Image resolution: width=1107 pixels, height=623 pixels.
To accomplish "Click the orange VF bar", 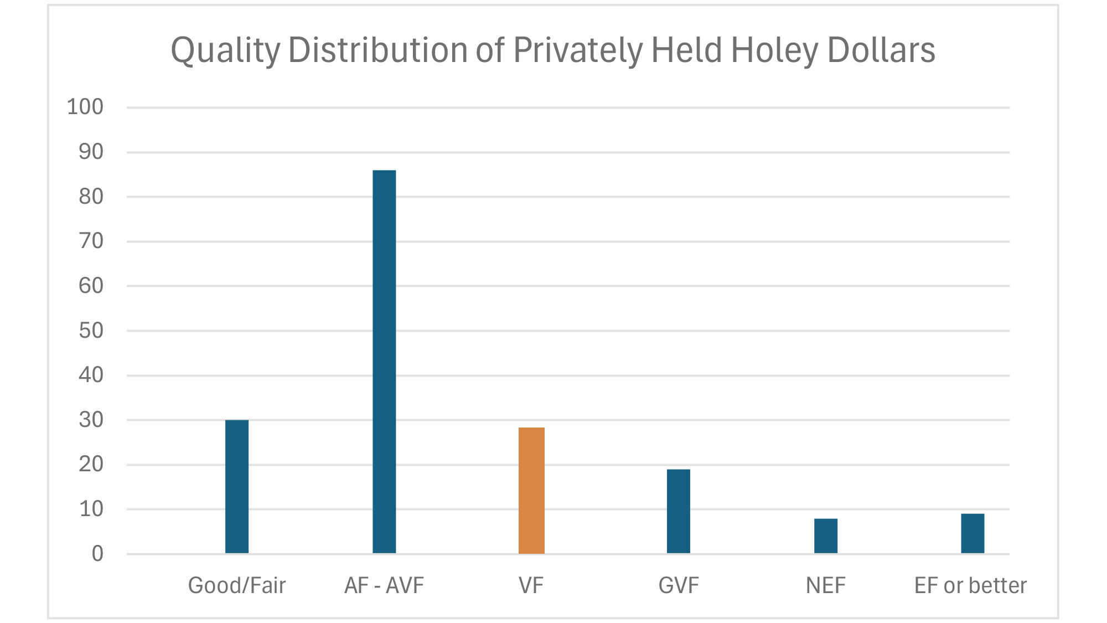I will [x=531, y=490].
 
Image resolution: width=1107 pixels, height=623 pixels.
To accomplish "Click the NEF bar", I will [x=826, y=536].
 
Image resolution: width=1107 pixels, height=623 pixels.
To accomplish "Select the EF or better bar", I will [x=972, y=533].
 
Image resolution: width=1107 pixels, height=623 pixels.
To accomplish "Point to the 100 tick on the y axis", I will [x=85, y=107].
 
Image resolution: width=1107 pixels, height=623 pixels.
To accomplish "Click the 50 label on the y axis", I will [x=91, y=331].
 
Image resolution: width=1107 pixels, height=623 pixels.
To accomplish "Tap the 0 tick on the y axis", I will [x=97, y=553].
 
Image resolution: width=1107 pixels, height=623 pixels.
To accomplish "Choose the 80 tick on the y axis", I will [x=91, y=197].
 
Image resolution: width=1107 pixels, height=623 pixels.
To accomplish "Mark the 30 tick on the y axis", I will [x=91, y=420].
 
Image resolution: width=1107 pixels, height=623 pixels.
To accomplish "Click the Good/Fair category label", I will [x=237, y=585].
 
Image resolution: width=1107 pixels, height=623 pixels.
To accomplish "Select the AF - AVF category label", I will [x=384, y=585].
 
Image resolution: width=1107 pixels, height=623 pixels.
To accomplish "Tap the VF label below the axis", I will [x=531, y=585].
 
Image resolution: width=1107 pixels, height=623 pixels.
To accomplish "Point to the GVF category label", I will [x=679, y=585].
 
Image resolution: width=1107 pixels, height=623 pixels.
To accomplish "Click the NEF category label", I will [x=826, y=585].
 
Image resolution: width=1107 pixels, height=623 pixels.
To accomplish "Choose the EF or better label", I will [x=970, y=585].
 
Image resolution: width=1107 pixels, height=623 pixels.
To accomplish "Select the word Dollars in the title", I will [x=881, y=50].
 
